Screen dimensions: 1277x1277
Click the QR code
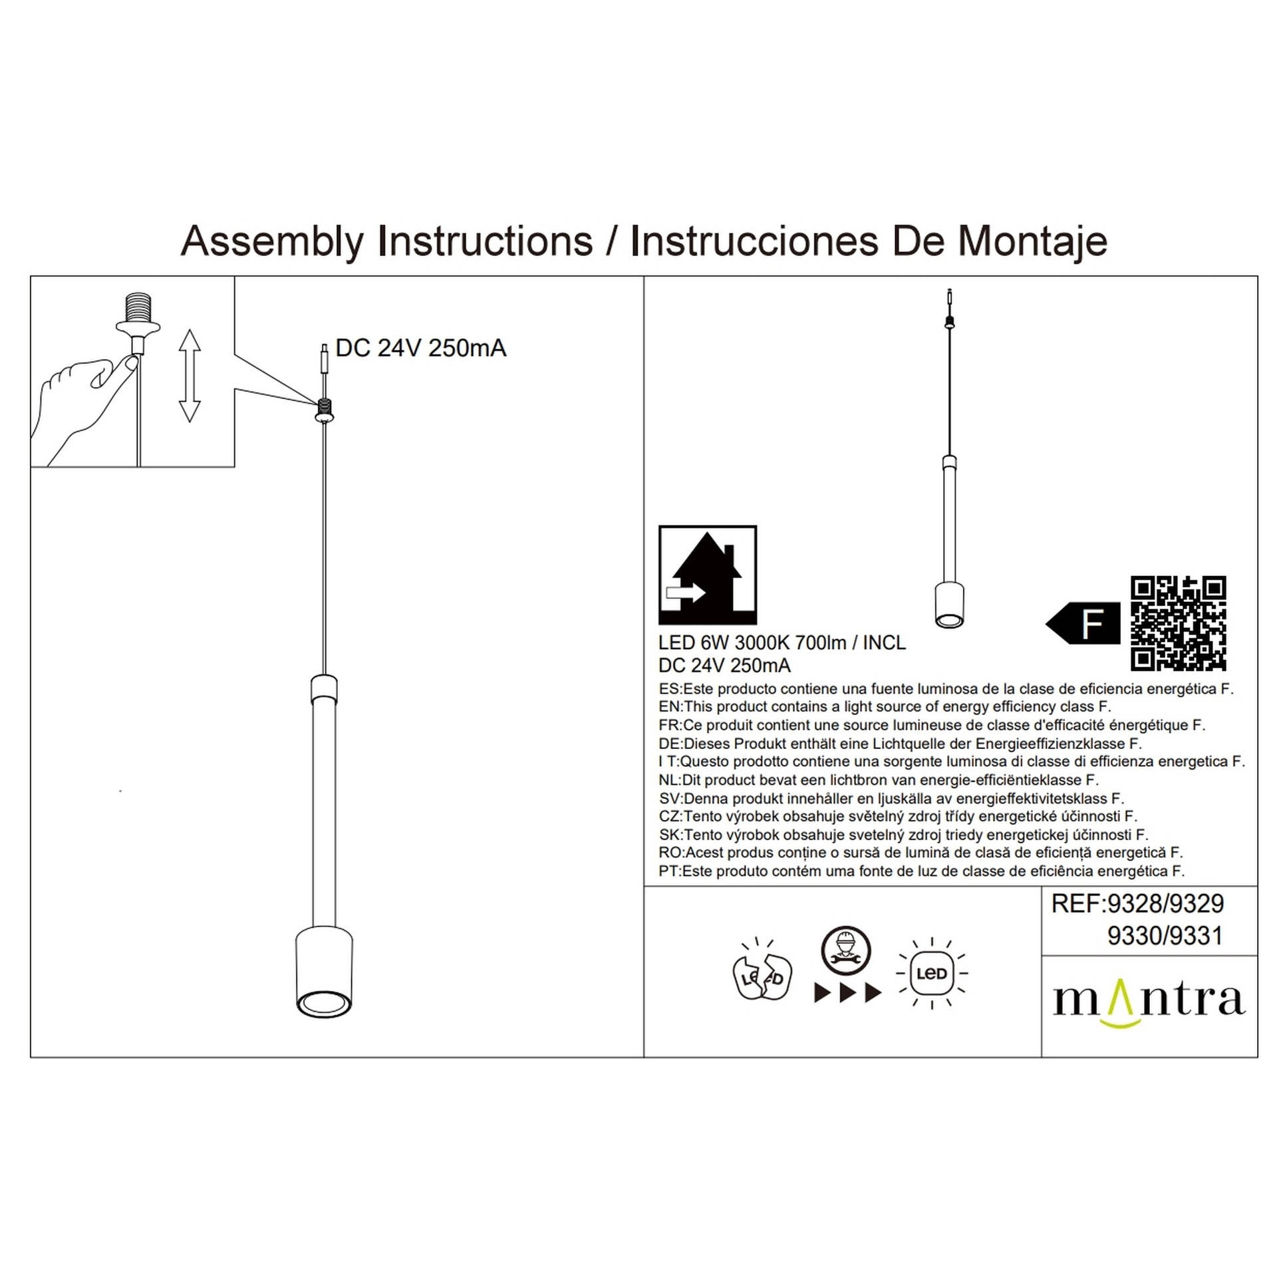coord(1178,623)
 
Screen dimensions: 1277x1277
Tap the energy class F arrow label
coord(1083,623)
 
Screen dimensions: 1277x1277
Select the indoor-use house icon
coord(707,575)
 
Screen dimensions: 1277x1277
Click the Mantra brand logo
coord(1149,1002)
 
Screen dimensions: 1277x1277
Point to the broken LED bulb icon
coord(762,978)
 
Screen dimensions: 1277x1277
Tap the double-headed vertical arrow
coord(190,375)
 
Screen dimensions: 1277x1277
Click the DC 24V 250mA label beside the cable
coord(420,349)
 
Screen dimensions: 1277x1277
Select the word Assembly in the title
coord(272,241)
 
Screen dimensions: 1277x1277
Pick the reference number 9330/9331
coord(1165,936)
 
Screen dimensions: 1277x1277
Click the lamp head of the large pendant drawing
coord(324,972)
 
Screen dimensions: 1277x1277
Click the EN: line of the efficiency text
coord(885,707)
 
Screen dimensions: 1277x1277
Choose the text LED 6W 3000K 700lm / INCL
coord(781,643)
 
